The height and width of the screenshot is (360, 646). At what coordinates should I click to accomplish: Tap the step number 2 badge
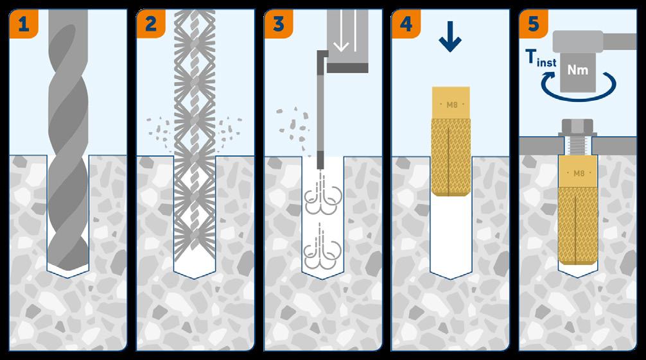(x=152, y=25)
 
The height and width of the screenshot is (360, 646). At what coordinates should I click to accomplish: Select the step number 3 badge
(x=279, y=25)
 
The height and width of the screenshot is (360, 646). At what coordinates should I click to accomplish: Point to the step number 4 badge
(x=406, y=25)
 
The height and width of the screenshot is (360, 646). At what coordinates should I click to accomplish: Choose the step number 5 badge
(x=532, y=25)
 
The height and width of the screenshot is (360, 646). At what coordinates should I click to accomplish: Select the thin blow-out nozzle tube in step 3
(x=319, y=109)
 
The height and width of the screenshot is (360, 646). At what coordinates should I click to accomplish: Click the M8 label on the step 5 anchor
(x=579, y=173)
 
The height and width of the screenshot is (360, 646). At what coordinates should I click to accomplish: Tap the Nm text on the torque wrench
(x=581, y=71)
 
